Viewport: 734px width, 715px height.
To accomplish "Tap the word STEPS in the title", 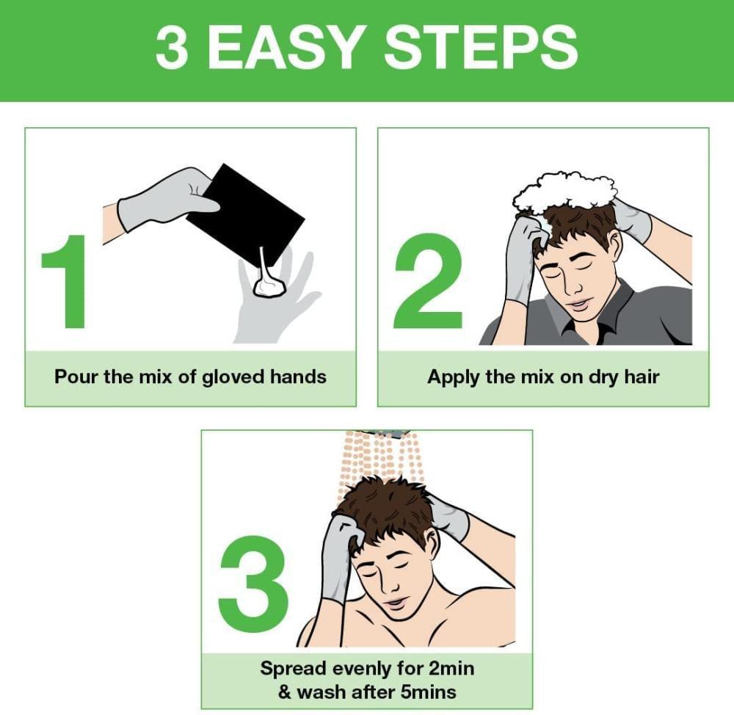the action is (x=482, y=47).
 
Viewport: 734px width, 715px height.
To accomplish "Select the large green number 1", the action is (x=67, y=282).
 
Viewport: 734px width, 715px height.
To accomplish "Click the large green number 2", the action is (x=429, y=281).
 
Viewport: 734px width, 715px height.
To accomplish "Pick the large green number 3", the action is (x=253, y=584).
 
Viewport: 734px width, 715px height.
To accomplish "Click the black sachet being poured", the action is (x=245, y=215).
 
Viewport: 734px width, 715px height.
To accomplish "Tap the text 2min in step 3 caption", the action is (x=451, y=668).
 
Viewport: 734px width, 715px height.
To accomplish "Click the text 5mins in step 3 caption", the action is (x=429, y=692).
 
